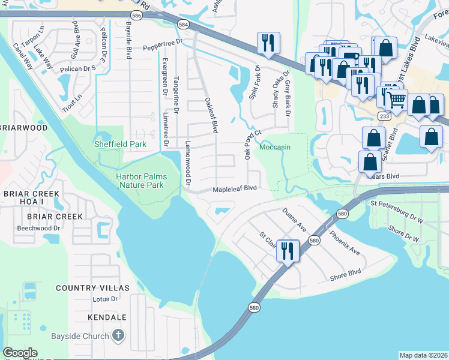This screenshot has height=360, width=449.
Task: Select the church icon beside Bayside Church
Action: [119, 336]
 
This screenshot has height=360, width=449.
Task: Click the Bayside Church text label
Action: [88, 336]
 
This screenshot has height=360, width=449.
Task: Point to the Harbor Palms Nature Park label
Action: [148, 181]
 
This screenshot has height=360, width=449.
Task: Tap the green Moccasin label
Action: [275, 147]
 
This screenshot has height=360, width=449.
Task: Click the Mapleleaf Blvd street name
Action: [235, 188]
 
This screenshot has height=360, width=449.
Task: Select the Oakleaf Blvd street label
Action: [210, 115]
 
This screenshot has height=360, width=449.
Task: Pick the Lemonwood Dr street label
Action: [187, 163]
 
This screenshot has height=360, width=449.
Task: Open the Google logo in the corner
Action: [20, 353]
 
